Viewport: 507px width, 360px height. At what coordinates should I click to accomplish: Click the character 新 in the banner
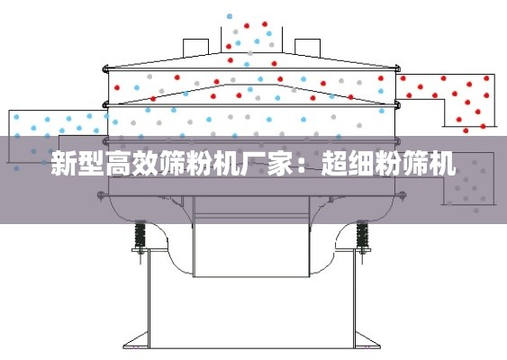(64, 164)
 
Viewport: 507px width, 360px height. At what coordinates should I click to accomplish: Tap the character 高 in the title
(118, 164)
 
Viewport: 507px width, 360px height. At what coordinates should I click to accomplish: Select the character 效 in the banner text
(145, 164)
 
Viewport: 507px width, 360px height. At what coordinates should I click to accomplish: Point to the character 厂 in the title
(254, 164)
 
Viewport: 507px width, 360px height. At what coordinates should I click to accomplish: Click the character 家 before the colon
(280, 164)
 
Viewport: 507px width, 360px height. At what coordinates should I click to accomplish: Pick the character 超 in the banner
(334, 164)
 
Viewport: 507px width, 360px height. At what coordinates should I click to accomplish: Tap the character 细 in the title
(361, 164)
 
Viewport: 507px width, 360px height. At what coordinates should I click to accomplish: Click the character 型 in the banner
(92, 164)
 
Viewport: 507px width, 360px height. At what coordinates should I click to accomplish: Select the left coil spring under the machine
(140, 235)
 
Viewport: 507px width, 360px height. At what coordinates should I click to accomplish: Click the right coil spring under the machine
(362, 235)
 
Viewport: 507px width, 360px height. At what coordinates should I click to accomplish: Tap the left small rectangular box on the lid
(196, 48)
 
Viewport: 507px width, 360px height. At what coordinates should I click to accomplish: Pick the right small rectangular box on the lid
(307, 48)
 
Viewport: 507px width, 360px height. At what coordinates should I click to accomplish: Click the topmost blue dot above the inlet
(230, 16)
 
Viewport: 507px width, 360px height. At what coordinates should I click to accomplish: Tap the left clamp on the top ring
(106, 68)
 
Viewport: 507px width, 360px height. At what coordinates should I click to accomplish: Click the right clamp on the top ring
(397, 68)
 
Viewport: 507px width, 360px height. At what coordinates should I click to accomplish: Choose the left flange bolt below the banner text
(101, 195)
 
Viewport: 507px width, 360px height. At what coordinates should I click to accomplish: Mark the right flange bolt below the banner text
(402, 195)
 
